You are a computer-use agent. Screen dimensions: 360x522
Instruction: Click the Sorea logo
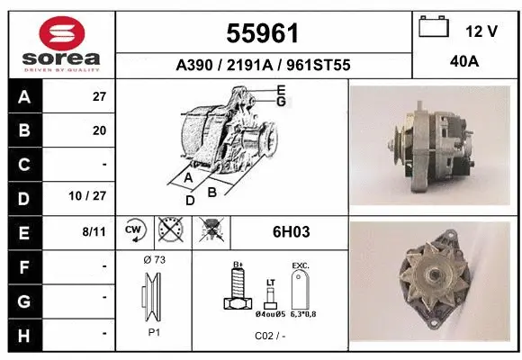pyautogui.click(x=61, y=44)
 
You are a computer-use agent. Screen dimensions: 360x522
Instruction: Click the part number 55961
pyautogui.click(x=264, y=33)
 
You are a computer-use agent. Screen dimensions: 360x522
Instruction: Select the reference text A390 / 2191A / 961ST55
pyautogui.click(x=264, y=65)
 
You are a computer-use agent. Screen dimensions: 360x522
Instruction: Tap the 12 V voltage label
pyautogui.click(x=481, y=31)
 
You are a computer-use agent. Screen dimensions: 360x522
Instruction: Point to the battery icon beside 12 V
pyautogui.click(x=435, y=29)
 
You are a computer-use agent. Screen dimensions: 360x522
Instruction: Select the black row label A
pyautogui.click(x=23, y=96)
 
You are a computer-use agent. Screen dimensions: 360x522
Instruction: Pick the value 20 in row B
pyautogui.click(x=99, y=130)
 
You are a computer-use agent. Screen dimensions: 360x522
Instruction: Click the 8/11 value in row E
pyautogui.click(x=94, y=232)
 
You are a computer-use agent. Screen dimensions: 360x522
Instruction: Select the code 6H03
pyautogui.click(x=292, y=232)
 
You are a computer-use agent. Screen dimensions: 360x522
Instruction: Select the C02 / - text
pyautogui.click(x=270, y=335)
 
